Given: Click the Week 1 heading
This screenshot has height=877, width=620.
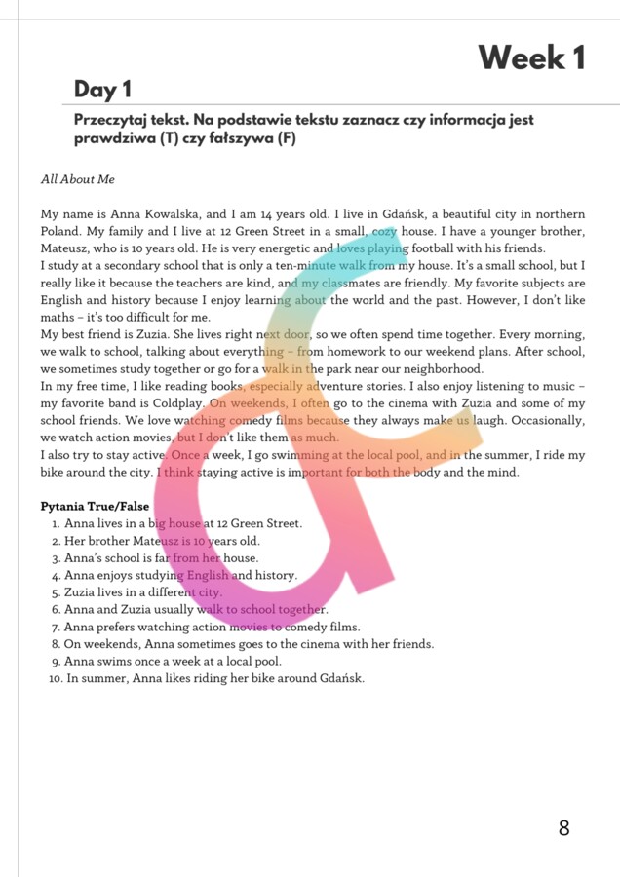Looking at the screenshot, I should (x=530, y=58).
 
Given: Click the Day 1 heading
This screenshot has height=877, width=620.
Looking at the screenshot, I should (x=102, y=91).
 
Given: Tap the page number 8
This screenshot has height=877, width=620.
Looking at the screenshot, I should (x=563, y=828).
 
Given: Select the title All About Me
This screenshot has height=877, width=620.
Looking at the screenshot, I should (x=78, y=179).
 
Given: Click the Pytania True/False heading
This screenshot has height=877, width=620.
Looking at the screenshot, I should (x=95, y=507).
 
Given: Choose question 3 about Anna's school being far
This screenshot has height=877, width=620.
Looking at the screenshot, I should (x=161, y=558).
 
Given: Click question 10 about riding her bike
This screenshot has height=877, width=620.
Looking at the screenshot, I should (x=214, y=679).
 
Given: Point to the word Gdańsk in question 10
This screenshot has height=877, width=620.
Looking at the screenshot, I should (x=341, y=679).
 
